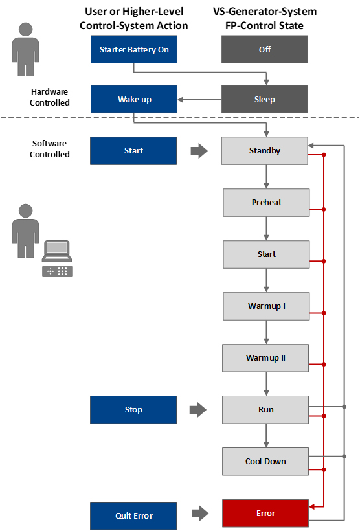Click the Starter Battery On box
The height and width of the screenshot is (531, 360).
(134, 49)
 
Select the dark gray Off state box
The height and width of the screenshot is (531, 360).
(265, 49)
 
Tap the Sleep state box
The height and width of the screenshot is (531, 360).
(265, 99)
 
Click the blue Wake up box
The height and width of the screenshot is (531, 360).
(134, 99)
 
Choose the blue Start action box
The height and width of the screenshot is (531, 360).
(133, 151)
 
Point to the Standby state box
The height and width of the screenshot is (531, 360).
(265, 151)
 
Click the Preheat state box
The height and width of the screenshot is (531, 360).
(266, 203)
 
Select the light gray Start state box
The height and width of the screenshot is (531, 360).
(266, 254)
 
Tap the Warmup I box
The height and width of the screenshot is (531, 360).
(266, 306)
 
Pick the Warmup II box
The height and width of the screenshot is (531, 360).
(265, 358)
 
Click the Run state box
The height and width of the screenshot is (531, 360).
(265, 410)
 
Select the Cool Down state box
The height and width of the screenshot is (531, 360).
(265, 462)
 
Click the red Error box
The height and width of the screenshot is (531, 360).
(265, 513)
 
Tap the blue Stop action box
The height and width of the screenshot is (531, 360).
(133, 410)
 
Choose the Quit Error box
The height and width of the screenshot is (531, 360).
(133, 515)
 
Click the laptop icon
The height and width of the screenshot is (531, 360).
(57, 251)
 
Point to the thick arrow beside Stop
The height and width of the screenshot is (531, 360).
(198, 410)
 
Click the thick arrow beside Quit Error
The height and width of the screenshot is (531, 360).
(200, 514)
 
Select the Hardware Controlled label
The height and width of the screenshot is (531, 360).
(49, 97)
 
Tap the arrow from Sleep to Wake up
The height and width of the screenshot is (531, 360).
(199, 100)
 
